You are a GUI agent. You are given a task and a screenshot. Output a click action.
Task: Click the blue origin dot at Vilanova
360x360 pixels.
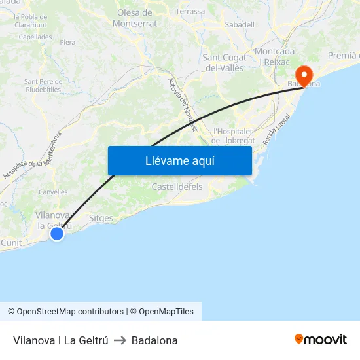click(x=57, y=233)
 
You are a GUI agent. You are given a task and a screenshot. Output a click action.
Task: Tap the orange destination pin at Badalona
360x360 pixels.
click(x=304, y=75)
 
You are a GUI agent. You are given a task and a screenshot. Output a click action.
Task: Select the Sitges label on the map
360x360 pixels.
click(x=101, y=218)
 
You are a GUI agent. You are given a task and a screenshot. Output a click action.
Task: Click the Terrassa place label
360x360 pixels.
click(x=190, y=12)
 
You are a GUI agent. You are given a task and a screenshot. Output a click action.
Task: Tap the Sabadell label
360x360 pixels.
click(x=239, y=25)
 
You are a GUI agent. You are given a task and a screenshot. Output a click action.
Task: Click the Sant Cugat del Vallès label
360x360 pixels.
click(x=225, y=62)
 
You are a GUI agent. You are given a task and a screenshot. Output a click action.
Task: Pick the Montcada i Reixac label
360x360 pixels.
click(x=275, y=56)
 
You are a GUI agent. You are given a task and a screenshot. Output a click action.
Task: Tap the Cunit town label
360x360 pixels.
click(x=11, y=242)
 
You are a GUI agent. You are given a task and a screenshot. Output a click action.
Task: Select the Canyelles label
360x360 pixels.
click(x=53, y=192)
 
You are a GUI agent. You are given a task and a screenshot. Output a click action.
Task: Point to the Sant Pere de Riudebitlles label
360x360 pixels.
click(x=43, y=86)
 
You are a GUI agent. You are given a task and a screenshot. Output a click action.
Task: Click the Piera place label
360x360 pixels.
click(x=67, y=42)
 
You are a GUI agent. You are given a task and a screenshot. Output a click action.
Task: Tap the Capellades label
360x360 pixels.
click(x=35, y=37)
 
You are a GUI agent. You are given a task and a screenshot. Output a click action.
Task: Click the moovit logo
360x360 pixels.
click(x=320, y=340)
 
